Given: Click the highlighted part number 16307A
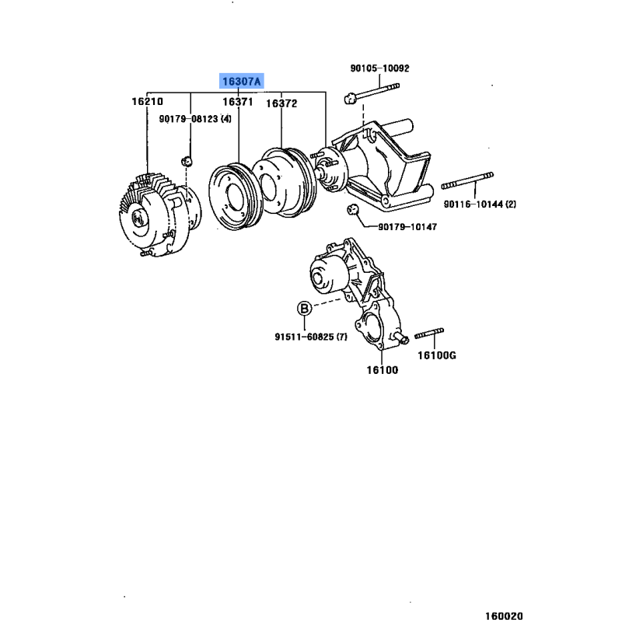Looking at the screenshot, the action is [242, 82].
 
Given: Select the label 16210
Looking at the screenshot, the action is [147, 102].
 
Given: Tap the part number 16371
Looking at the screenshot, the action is [238, 102].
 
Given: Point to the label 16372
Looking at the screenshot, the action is [281, 103].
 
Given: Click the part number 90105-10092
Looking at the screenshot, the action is [379, 68].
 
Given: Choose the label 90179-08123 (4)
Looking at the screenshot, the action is [195, 119].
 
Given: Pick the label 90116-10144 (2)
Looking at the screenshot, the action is [480, 204].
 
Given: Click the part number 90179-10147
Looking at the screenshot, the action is [407, 227].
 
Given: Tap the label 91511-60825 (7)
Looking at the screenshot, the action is [311, 337].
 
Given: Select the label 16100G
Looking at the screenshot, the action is [437, 355].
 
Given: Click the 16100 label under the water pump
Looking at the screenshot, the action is [382, 370].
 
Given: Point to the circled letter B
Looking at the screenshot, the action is [304, 308].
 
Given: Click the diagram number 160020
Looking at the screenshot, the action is [504, 616].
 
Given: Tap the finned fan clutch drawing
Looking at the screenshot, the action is [159, 215].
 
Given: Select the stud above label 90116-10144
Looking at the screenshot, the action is [467, 180].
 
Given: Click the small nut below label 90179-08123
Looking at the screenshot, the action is [187, 162].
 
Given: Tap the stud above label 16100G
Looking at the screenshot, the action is [429, 334].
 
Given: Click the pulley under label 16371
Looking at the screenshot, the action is [236, 197].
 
